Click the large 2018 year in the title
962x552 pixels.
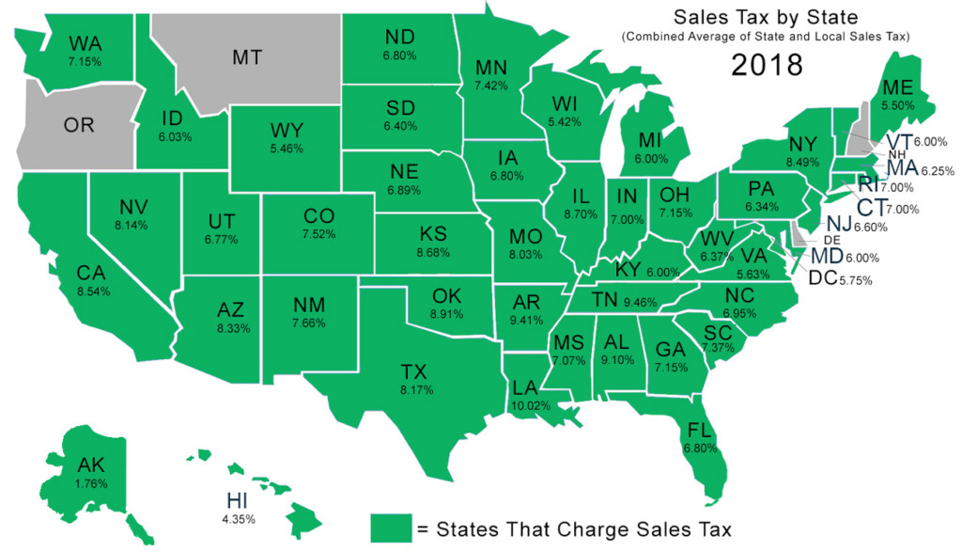click(x=768, y=66)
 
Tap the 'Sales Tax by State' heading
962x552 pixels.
click(x=767, y=18)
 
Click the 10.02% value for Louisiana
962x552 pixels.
click(x=524, y=405)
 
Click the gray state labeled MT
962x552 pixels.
click(x=246, y=56)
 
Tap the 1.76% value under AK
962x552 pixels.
click(x=92, y=483)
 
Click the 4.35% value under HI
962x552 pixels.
click(x=235, y=517)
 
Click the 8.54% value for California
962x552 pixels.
click(x=93, y=292)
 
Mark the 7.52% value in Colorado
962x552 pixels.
click(x=318, y=234)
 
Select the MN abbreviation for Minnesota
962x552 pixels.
click(x=491, y=68)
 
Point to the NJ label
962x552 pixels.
click(x=839, y=224)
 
